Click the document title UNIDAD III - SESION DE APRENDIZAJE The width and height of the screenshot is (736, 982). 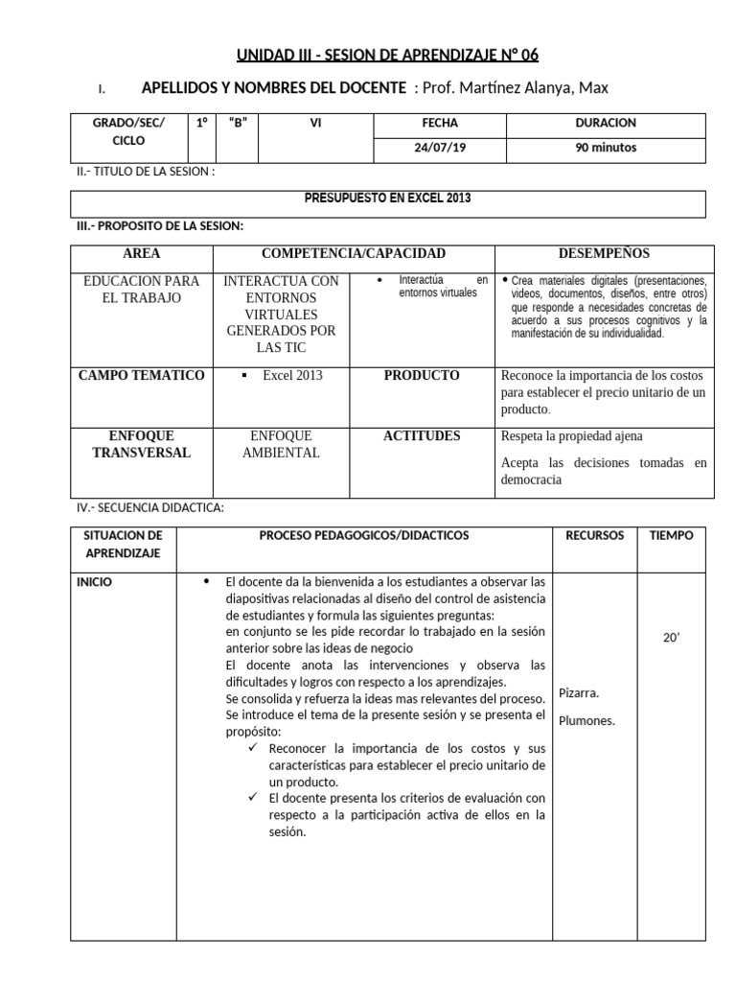pyautogui.click(x=394, y=55)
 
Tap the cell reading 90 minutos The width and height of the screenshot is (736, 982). pyautogui.click(x=605, y=148)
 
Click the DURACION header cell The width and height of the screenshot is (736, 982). pyautogui.click(x=605, y=124)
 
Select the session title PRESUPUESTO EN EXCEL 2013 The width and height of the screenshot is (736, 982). pyautogui.click(x=387, y=199)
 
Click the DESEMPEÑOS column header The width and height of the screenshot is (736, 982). pyautogui.click(x=604, y=254)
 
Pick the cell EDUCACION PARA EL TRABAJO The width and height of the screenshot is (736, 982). pyautogui.click(x=142, y=290)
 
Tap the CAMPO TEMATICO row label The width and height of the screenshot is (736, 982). pyautogui.click(x=141, y=376)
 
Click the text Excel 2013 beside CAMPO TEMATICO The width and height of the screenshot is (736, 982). pyautogui.click(x=292, y=376)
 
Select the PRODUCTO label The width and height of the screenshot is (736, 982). pyautogui.click(x=422, y=376)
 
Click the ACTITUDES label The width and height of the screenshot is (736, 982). pyautogui.click(x=422, y=436)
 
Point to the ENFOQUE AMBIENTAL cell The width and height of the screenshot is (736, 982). pyautogui.click(x=283, y=444)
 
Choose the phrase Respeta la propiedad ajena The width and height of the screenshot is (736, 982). pyautogui.click(x=572, y=436)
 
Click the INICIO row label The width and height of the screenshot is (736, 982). pyautogui.click(x=94, y=581)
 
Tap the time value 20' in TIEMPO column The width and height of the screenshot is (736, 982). pyautogui.click(x=671, y=636)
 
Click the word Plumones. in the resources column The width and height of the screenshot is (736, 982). pyautogui.click(x=586, y=720)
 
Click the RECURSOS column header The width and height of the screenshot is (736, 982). pyautogui.click(x=594, y=535)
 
